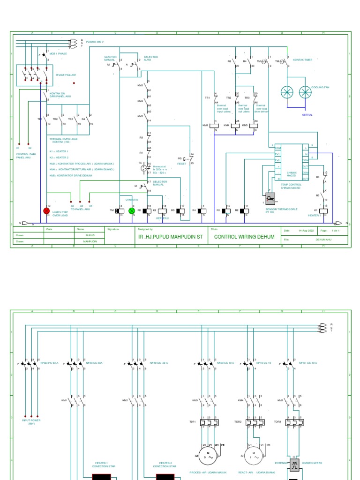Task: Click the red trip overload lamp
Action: coord(46,211)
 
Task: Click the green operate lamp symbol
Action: coord(132,211)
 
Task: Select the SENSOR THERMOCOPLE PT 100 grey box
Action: coord(270,198)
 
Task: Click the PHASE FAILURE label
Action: coord(66,75)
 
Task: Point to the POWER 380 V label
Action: coord(95,42)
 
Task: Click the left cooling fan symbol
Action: coord(286,92)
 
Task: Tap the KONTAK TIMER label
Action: coord(302,60)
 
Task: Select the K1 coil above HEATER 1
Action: coord(323,210)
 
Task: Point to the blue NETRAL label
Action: coord(307,115)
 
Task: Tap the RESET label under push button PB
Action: coord(182,164)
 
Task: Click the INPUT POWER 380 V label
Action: coord(31,422)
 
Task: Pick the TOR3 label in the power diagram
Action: coord(277,422)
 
